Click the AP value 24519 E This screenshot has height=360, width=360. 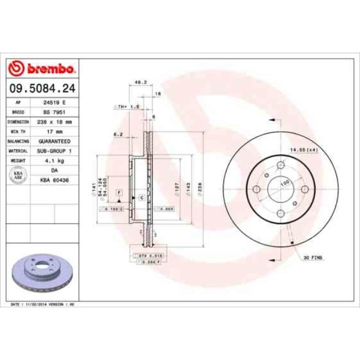click(x=54, y=103)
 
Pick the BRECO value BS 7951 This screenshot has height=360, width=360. click(x=54, y=112)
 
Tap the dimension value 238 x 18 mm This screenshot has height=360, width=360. click(x=54, y=121)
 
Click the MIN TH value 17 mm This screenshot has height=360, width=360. click(x=54, y=132)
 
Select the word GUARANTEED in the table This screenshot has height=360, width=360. click(x=54, y=141)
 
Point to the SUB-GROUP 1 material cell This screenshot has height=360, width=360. click(x=54, y=150)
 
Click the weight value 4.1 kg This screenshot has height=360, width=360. click(x=54, y=160)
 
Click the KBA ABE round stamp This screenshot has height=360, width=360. click(x=18, y=175)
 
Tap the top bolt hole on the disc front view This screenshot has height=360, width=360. click(x=281, y=166)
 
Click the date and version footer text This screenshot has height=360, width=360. click(x=43, y=305)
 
